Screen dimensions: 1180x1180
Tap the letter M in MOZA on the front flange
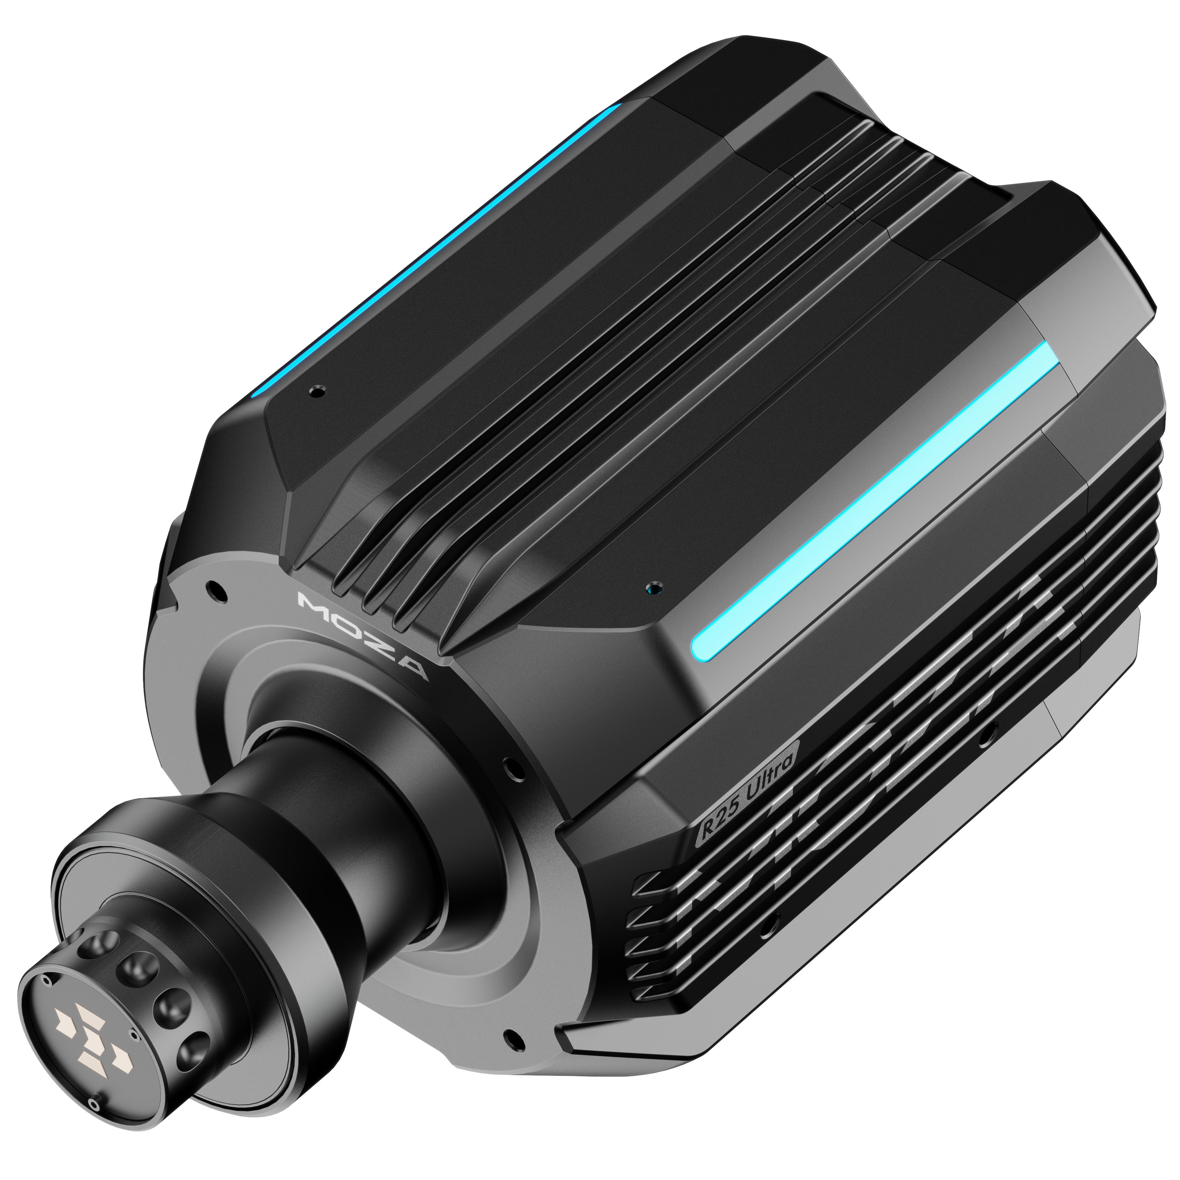point(312,601)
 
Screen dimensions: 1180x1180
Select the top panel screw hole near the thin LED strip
point(316,390)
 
